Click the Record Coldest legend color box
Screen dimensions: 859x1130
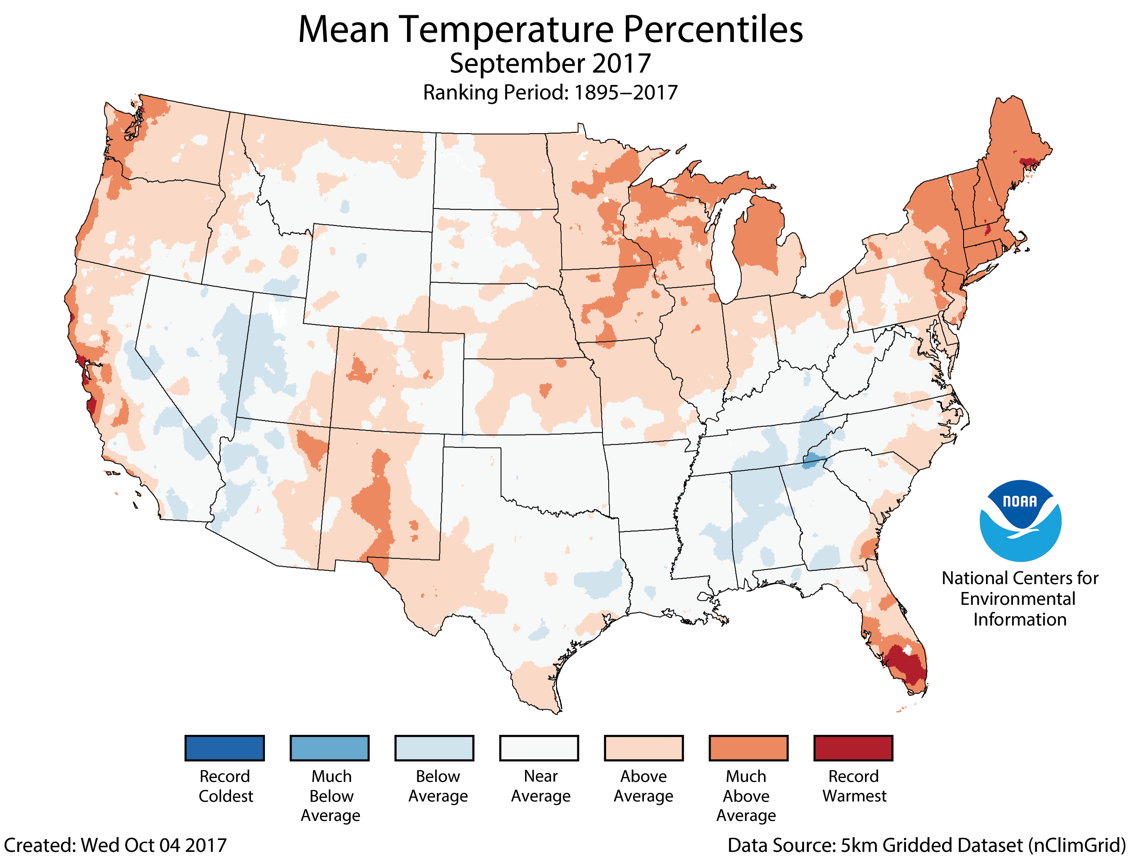tap(224, 748)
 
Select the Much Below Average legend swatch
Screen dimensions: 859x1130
tap(329, 748)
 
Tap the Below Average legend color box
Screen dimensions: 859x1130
tap(434, 748)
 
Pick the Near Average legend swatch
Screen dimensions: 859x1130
tap(539, 748)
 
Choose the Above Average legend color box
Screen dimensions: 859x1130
tap(644, 748)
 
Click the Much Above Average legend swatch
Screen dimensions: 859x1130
tap(749, 748)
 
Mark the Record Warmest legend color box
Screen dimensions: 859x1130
tap(853, 748)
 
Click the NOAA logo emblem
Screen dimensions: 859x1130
tap(1020, 520)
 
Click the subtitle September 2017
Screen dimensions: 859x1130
tap(549, 63)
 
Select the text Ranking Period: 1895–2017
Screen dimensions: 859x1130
tap(549, 93)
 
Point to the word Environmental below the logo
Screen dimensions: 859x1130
tap(1017, 599)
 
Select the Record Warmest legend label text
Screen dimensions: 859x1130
tap(854, 786)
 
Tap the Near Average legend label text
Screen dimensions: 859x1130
tap(540, 786)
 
